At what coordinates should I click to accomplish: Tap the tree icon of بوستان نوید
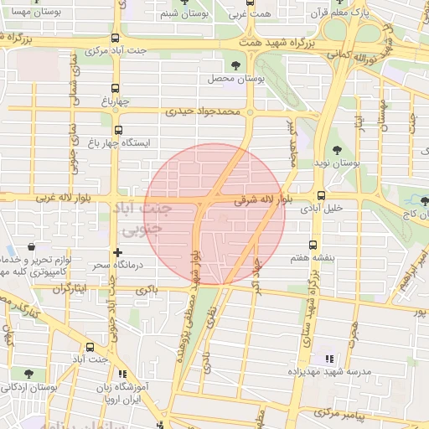click(337, 151)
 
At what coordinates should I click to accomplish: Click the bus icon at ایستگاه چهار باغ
click(117, 130)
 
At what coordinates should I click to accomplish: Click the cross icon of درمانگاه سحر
click(117, 251)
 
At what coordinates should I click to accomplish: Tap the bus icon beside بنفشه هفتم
click(312, 246)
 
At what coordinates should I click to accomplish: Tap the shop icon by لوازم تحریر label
click(32, 248)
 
